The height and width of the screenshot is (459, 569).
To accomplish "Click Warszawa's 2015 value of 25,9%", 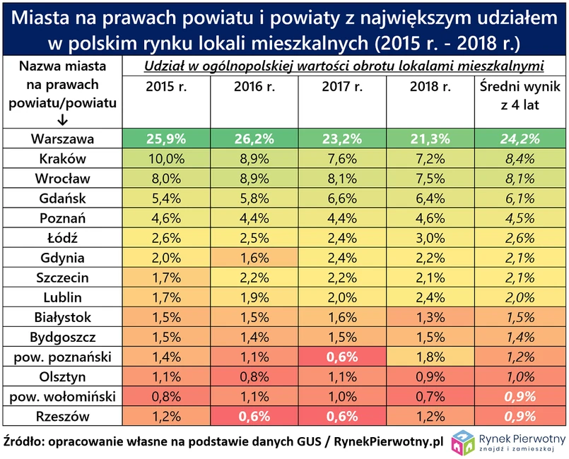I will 166,139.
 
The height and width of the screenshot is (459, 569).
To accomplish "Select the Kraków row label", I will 63,159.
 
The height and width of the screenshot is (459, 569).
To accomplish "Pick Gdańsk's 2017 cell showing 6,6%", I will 342,198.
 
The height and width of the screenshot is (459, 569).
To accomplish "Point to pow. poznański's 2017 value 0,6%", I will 342,357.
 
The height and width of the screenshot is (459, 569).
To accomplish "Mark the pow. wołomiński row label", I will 63,397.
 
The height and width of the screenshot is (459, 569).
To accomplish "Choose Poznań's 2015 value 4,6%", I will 166,218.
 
